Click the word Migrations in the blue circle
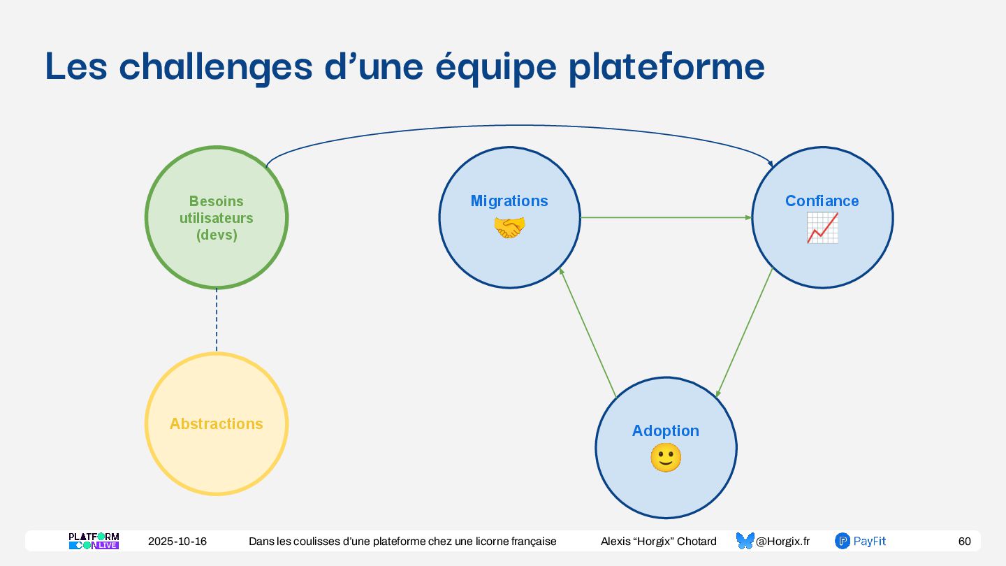coord(509,201)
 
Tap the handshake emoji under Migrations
coord(509,228)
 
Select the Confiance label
coord(822,201)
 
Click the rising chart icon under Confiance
coord(822,228)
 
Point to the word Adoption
coord(665,431)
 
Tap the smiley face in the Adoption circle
coord(665,458)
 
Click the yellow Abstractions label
coord(217,423)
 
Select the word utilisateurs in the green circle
coord(217,218)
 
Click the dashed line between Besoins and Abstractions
coord(217,320)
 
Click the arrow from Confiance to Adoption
coord(745,332)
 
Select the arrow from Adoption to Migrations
coord(588,333)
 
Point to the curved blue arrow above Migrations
coord(517,126)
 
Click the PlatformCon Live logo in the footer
coord(94,541)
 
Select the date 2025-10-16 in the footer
coord(177,542)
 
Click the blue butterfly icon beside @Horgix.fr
coord(745,541)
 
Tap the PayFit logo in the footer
coord(861,541)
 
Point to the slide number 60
coord(964,542)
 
